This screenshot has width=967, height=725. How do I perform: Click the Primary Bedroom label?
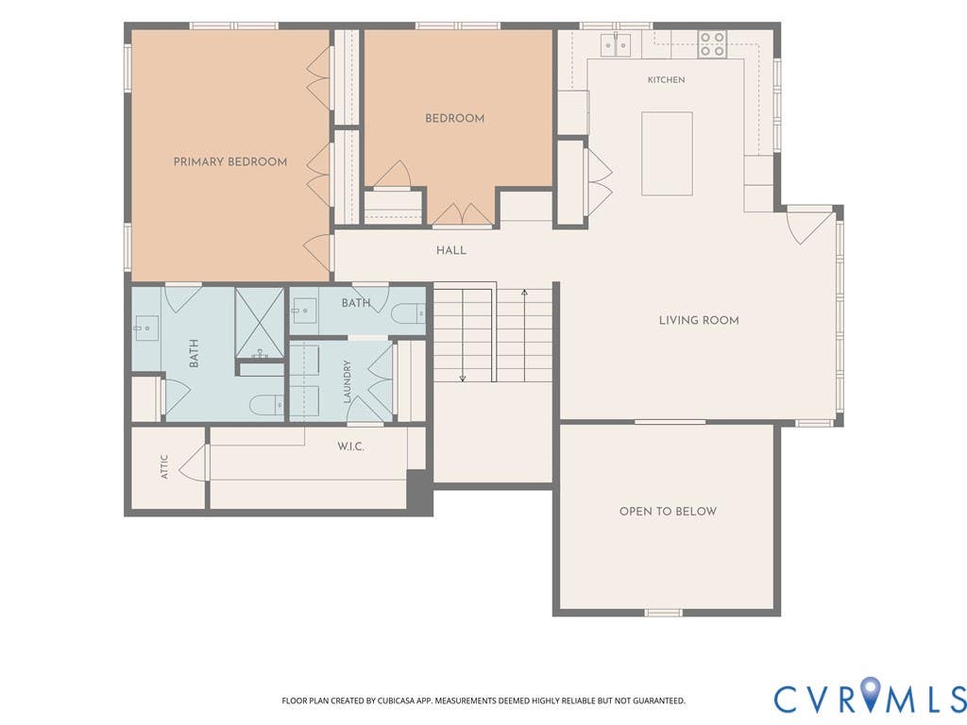click(230, 162)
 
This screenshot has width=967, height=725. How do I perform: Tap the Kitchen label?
click(666, 79)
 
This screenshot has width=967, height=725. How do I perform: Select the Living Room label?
click(699, 320)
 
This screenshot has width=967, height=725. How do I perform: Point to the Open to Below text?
click(668, 511)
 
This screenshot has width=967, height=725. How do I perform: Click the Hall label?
click(451, 250)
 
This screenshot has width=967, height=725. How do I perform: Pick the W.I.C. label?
click(350, 447)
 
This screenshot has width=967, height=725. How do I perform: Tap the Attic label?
click(164, 466)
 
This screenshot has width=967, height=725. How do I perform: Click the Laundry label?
click(348, 381)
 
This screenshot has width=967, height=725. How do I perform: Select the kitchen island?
click(667, 154)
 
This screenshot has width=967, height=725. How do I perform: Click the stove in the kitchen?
click(712, 45)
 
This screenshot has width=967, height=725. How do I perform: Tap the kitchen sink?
click(617, 45)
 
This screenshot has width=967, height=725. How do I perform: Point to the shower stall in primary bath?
click(260, 323)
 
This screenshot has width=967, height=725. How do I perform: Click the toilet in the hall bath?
click(409, 313)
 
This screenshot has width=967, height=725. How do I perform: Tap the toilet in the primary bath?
click(266, 405)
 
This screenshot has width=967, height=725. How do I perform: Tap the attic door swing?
click(191, 462)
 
